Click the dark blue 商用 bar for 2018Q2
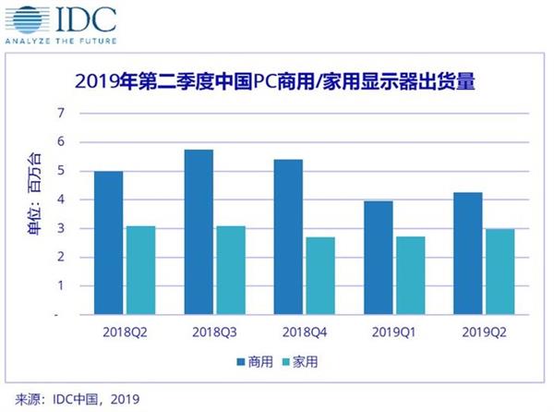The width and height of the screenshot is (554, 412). (x=108, y=243)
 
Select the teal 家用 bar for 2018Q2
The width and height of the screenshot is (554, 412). (x=140, y=271)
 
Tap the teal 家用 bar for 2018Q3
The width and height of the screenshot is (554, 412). (x=231, y=271)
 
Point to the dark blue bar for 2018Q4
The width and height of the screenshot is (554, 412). (x=289, y=237)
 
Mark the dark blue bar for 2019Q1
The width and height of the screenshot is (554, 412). (x=379, y=258)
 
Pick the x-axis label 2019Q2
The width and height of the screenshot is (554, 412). (x=487, y=333)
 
